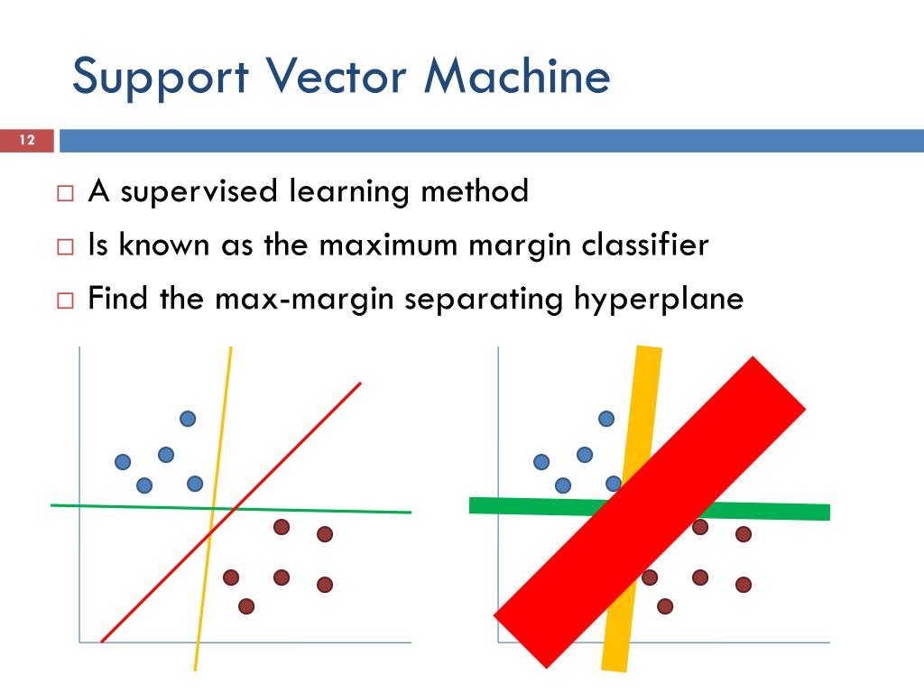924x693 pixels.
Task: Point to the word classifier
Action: (x=645, y=245)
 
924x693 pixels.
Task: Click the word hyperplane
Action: (x=659, y=299)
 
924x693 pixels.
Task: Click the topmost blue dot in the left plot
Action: (x=188, y=418)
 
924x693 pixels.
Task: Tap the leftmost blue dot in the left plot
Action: (x=123, y=462)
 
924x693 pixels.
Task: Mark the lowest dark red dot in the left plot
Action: (x=246, y=606)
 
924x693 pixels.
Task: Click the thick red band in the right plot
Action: (x=650, y=513)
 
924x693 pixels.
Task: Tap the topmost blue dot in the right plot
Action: (x=606, y=418)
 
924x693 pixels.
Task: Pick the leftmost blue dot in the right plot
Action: (x=541, y=462)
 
